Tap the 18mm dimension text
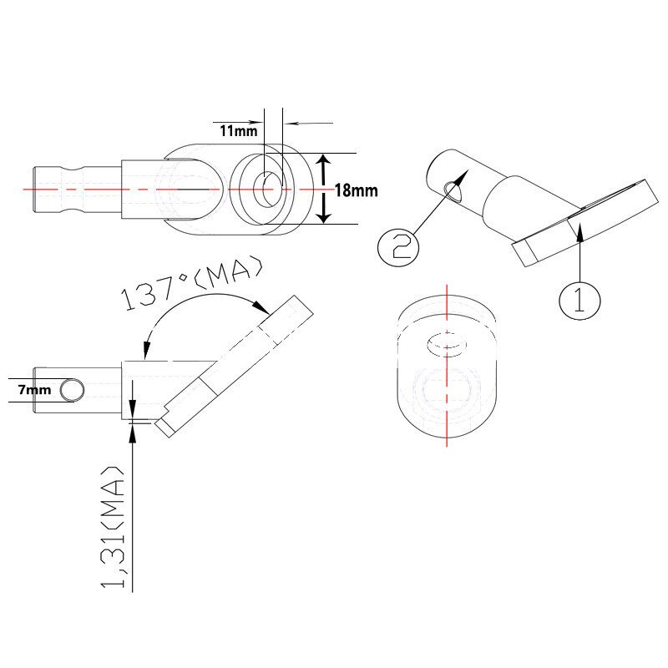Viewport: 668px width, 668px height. click(x=356, y=190)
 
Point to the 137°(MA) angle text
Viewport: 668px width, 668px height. click(x=193, y=286)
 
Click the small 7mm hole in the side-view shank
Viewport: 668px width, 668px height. click(x=73, y=390)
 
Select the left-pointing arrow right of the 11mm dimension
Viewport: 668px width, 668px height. click(x=292, y=123)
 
